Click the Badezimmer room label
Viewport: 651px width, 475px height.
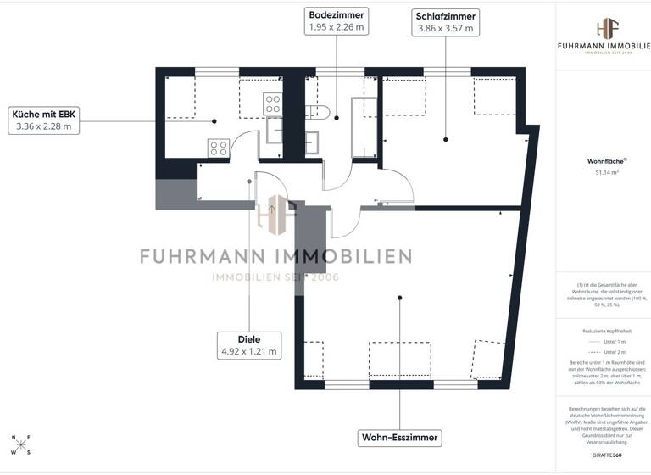click(x=337, y=15)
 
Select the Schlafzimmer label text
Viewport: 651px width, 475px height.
click(x=445, y=15)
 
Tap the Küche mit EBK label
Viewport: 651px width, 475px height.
click(x=43, y=114)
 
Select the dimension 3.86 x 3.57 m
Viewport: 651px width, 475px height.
click(x=445, y=28)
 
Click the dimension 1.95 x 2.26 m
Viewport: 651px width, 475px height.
click(x=337, y=28)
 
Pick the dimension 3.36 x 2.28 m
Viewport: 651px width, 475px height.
click(x=43, y=126)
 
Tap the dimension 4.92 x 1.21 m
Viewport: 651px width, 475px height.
click(x=249, y=350)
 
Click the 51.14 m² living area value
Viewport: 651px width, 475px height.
click(x=603, y=172)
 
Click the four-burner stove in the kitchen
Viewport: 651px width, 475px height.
click(x=218, y=148)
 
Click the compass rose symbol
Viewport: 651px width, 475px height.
click(x=20, y=445)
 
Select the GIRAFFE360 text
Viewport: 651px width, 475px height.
click(x=603, y=455)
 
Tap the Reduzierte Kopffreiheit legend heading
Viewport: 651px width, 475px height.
click(x=603, y=331)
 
